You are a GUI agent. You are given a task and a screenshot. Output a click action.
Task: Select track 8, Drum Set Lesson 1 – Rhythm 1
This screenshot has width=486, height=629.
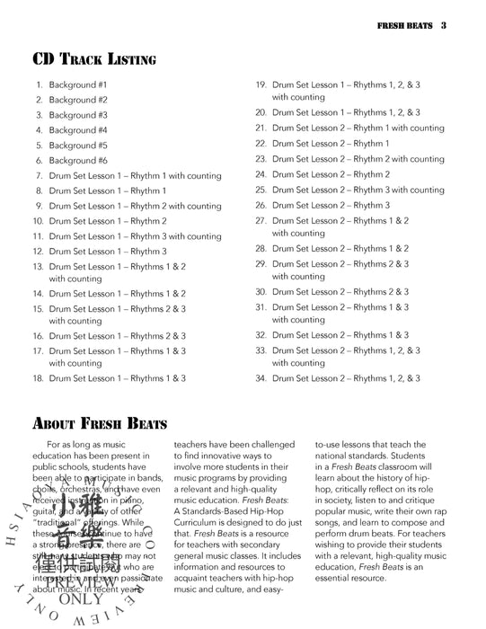coord(107,190)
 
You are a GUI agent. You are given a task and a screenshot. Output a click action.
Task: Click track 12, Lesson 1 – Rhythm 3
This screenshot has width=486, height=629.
coord(107,252)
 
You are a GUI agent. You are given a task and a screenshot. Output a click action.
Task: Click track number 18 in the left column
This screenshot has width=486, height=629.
coord(39,378)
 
